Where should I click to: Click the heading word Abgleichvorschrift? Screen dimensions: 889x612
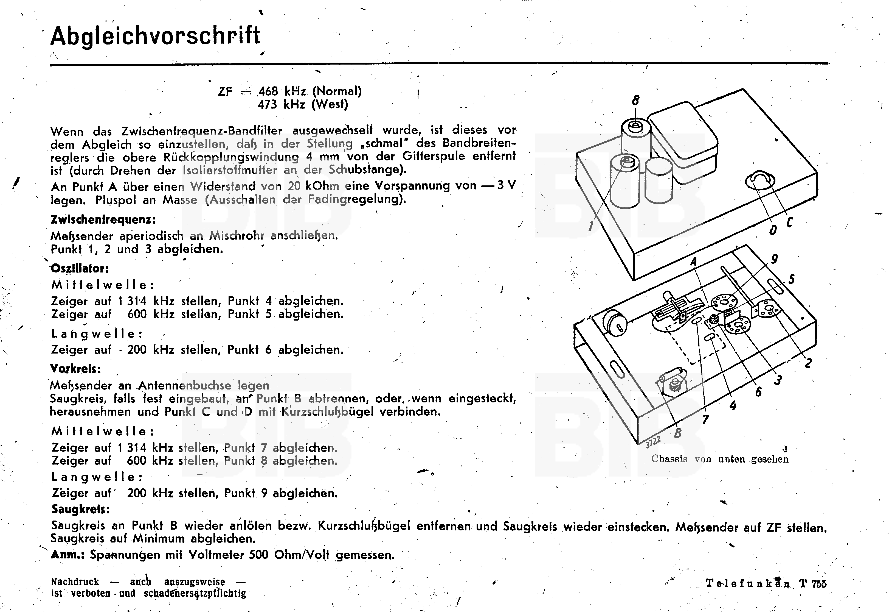coord(155,36)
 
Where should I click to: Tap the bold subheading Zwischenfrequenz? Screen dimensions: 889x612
coord(103,220)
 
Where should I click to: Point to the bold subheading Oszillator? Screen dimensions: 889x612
coord(80,268)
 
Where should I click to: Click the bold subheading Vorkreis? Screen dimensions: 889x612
coord(76,369)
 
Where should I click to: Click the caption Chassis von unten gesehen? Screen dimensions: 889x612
coord(720,459)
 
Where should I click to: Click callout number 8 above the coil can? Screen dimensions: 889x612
coord(635,101)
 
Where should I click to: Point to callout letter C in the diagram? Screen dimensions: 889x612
coord(789,222)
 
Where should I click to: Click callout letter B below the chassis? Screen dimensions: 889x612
coord(677,433)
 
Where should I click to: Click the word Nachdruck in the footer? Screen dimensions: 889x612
coord(75,582)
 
